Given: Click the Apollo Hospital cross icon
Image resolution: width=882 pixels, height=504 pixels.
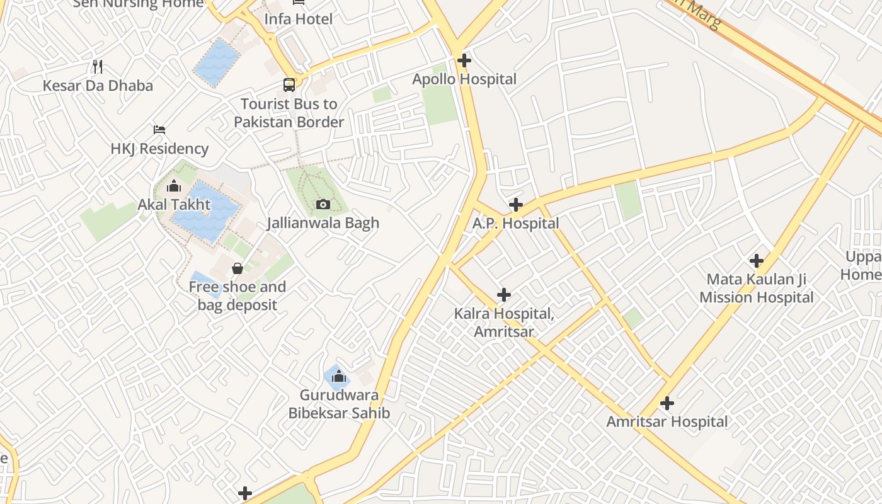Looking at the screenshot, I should (x=464, y=60).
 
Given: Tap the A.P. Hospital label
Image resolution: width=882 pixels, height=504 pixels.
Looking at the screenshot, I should (x=515, y=224).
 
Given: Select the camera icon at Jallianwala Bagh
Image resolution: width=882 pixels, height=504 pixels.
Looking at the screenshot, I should (x=323, y=204).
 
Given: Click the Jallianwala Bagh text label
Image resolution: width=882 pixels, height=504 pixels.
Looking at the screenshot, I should (x=323, y=223).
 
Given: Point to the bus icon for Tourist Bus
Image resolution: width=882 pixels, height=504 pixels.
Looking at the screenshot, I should (x=289, y=84).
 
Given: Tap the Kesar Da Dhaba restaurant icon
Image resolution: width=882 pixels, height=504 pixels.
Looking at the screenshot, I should (x=98, y=66).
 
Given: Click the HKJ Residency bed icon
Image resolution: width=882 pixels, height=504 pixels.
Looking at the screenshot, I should (x=159, y=130).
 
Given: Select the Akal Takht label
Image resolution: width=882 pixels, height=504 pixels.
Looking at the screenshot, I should (x=174, y=205).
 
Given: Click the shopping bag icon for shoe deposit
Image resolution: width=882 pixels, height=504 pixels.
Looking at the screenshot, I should (x=238, y=269).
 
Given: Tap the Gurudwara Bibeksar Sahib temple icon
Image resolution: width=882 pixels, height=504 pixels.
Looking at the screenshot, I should (x=339, y=377).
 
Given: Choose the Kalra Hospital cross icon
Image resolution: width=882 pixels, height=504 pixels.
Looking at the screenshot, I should (x=504, y=295).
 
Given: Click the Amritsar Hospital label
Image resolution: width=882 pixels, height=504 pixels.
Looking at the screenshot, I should (x=667, y=422).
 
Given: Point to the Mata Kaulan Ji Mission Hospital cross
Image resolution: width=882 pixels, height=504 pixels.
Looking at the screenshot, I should (x=757, y=260).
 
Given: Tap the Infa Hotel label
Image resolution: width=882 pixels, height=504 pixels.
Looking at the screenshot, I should (x=298, y=19).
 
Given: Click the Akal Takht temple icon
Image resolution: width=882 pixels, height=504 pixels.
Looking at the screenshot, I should (x=174, y=186).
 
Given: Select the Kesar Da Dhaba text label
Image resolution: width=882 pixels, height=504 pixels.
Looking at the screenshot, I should (x=98, y=86).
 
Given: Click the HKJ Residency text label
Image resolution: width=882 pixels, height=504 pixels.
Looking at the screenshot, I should (x=159, y=149).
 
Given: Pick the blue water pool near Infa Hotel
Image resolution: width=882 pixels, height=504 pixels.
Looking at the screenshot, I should (x=217, y=62).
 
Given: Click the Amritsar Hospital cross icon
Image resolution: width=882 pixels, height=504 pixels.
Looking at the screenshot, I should (x=667, y=403).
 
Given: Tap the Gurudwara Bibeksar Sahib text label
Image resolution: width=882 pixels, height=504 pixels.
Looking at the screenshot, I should (x=339, y=404).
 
